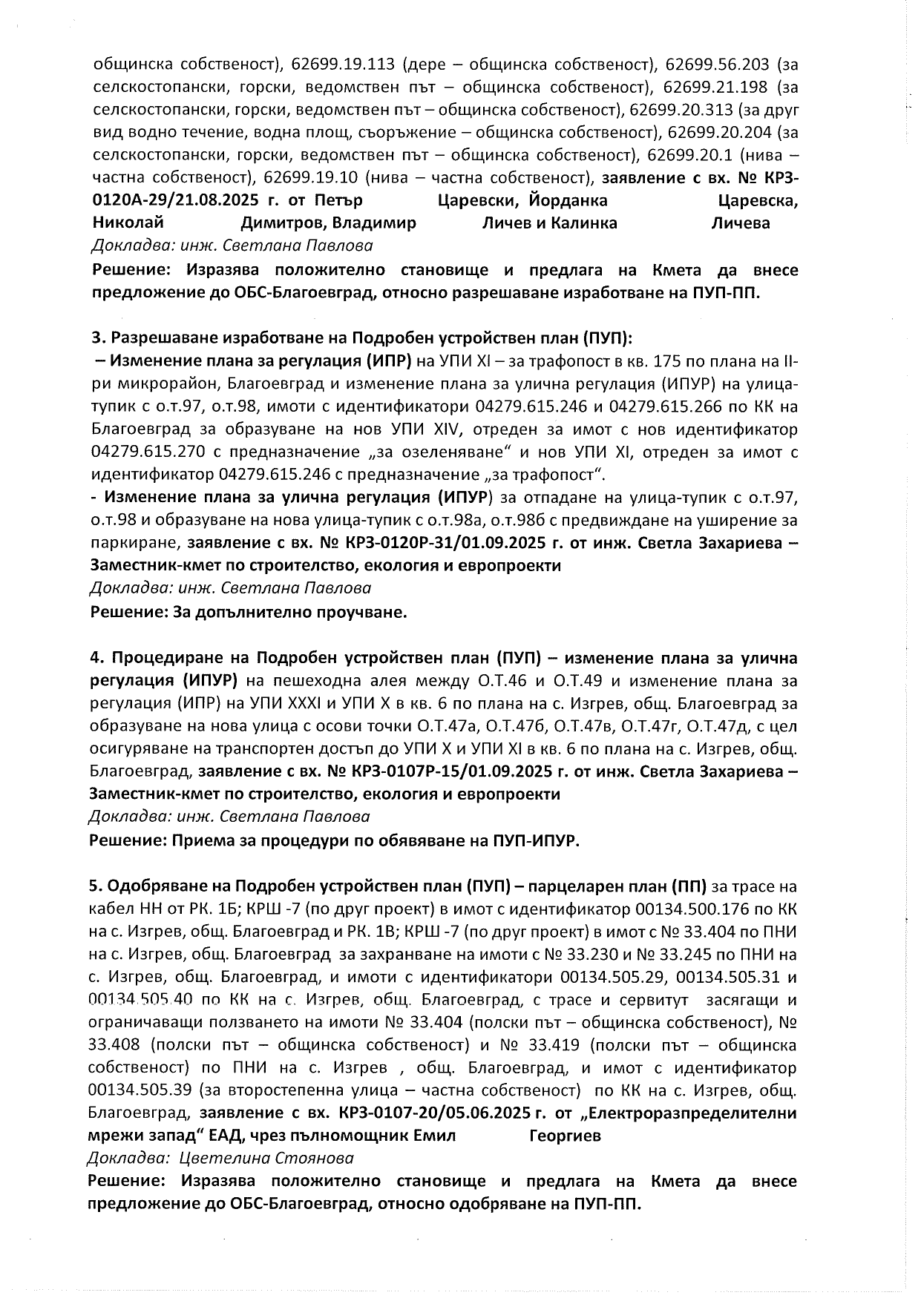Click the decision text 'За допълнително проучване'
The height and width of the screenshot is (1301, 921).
(290, 613)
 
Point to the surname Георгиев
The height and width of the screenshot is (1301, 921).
(566, 1136)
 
